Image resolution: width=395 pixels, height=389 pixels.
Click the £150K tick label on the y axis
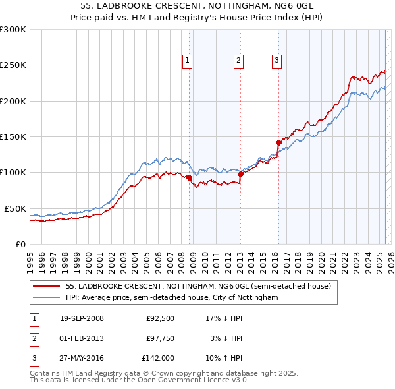[13, 136]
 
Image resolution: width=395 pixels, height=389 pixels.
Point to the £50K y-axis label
[15, 208]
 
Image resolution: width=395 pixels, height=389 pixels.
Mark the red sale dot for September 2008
[189, 177]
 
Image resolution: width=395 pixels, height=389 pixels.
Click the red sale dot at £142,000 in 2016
[278, 142]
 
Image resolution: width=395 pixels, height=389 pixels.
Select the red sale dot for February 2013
[240, 173]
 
